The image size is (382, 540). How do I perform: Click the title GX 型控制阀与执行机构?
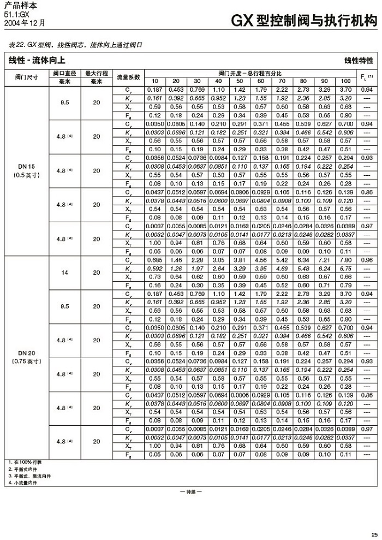(304, 21)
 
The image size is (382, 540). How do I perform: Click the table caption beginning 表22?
(76, 45)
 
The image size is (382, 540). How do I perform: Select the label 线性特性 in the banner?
(359, 60)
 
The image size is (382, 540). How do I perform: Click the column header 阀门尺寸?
(26, 77)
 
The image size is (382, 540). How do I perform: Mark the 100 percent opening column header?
(345, 81)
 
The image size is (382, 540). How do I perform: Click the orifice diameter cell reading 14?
(65, 272)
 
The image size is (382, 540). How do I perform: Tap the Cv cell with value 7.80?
(345, 260)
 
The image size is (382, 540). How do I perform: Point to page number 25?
(373, 533)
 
